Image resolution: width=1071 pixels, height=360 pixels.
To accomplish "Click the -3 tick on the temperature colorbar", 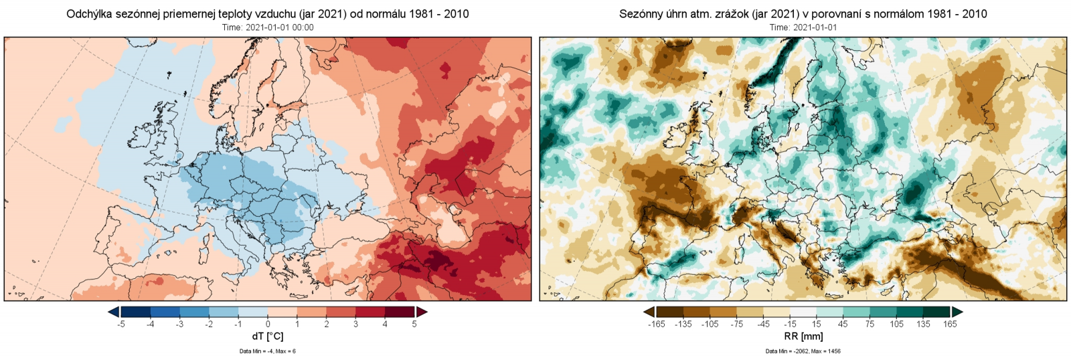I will tap(179, 324).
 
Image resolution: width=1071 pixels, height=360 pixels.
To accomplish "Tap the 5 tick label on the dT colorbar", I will tap(414, 324).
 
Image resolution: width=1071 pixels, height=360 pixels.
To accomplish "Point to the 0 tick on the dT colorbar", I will tap(268, 324).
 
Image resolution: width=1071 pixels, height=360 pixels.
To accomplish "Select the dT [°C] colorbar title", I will tap(267, 336).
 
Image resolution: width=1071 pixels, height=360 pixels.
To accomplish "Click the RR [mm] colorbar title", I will tap(803, 336).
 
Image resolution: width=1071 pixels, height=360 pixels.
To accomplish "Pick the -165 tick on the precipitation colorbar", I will tap(657, 324).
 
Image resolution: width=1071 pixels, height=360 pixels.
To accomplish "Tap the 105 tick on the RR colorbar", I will tap(896, 324).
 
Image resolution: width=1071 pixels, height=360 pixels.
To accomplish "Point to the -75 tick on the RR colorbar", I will tap(736, 324).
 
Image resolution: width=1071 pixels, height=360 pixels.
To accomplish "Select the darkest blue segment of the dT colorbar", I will tap(136, 312).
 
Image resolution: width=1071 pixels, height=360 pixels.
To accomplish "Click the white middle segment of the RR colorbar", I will tap(803, 312).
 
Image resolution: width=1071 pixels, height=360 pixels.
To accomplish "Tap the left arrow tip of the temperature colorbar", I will tap(110, 312).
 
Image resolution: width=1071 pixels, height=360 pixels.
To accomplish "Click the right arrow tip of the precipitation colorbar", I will tap(962, 312).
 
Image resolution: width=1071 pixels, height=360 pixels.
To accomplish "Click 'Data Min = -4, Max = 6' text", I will tap(267, 351).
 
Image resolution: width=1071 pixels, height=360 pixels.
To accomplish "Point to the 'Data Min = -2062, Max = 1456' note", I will tap(803, 351).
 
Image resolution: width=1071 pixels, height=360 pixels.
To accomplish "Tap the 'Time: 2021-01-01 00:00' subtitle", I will tap(268, 27).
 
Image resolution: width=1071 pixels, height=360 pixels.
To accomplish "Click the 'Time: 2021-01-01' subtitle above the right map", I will tap(803, 27).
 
